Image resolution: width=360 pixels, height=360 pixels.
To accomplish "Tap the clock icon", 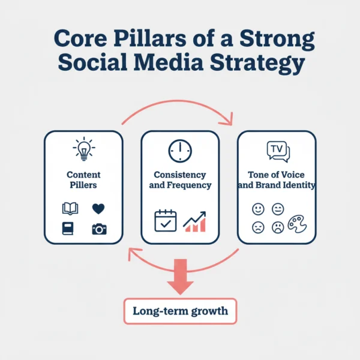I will coord(180,151).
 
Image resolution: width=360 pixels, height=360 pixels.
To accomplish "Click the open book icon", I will coord(70,209).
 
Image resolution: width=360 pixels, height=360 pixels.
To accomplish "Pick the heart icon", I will coord(98,209).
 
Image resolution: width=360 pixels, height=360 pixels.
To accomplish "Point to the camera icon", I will coord(98,228).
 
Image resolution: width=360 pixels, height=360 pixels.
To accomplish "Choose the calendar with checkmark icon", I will coord(165,221).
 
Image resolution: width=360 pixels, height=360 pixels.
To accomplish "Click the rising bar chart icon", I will coord(195,221).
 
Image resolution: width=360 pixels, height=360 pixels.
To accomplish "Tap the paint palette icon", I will coord(297,224).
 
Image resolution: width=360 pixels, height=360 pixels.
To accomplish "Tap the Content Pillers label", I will coord(83,180).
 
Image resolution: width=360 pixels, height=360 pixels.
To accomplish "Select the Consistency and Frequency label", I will coord(180,180).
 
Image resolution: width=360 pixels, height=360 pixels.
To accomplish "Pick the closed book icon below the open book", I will coord(68,229).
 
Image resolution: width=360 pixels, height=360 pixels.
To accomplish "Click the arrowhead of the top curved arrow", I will coord(227,119).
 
